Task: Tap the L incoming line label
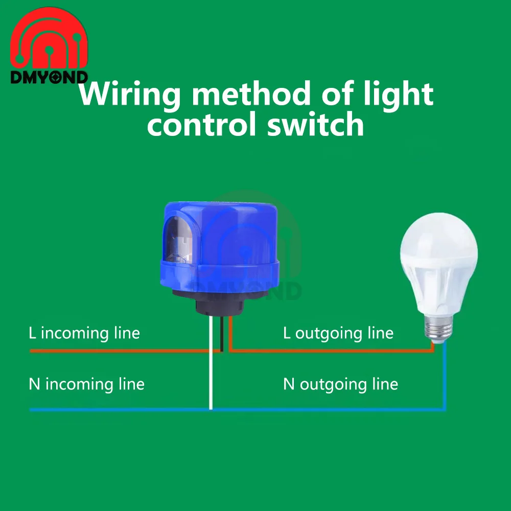(x=84, y=334)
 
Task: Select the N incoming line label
(x=86, y=384)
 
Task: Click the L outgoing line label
(x=338, y=334)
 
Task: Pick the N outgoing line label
(x=340, y=384)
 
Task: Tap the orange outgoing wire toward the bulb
(x=332, y=351)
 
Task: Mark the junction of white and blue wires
(x=211, y=409)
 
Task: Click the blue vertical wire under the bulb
(x=445, y=378)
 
